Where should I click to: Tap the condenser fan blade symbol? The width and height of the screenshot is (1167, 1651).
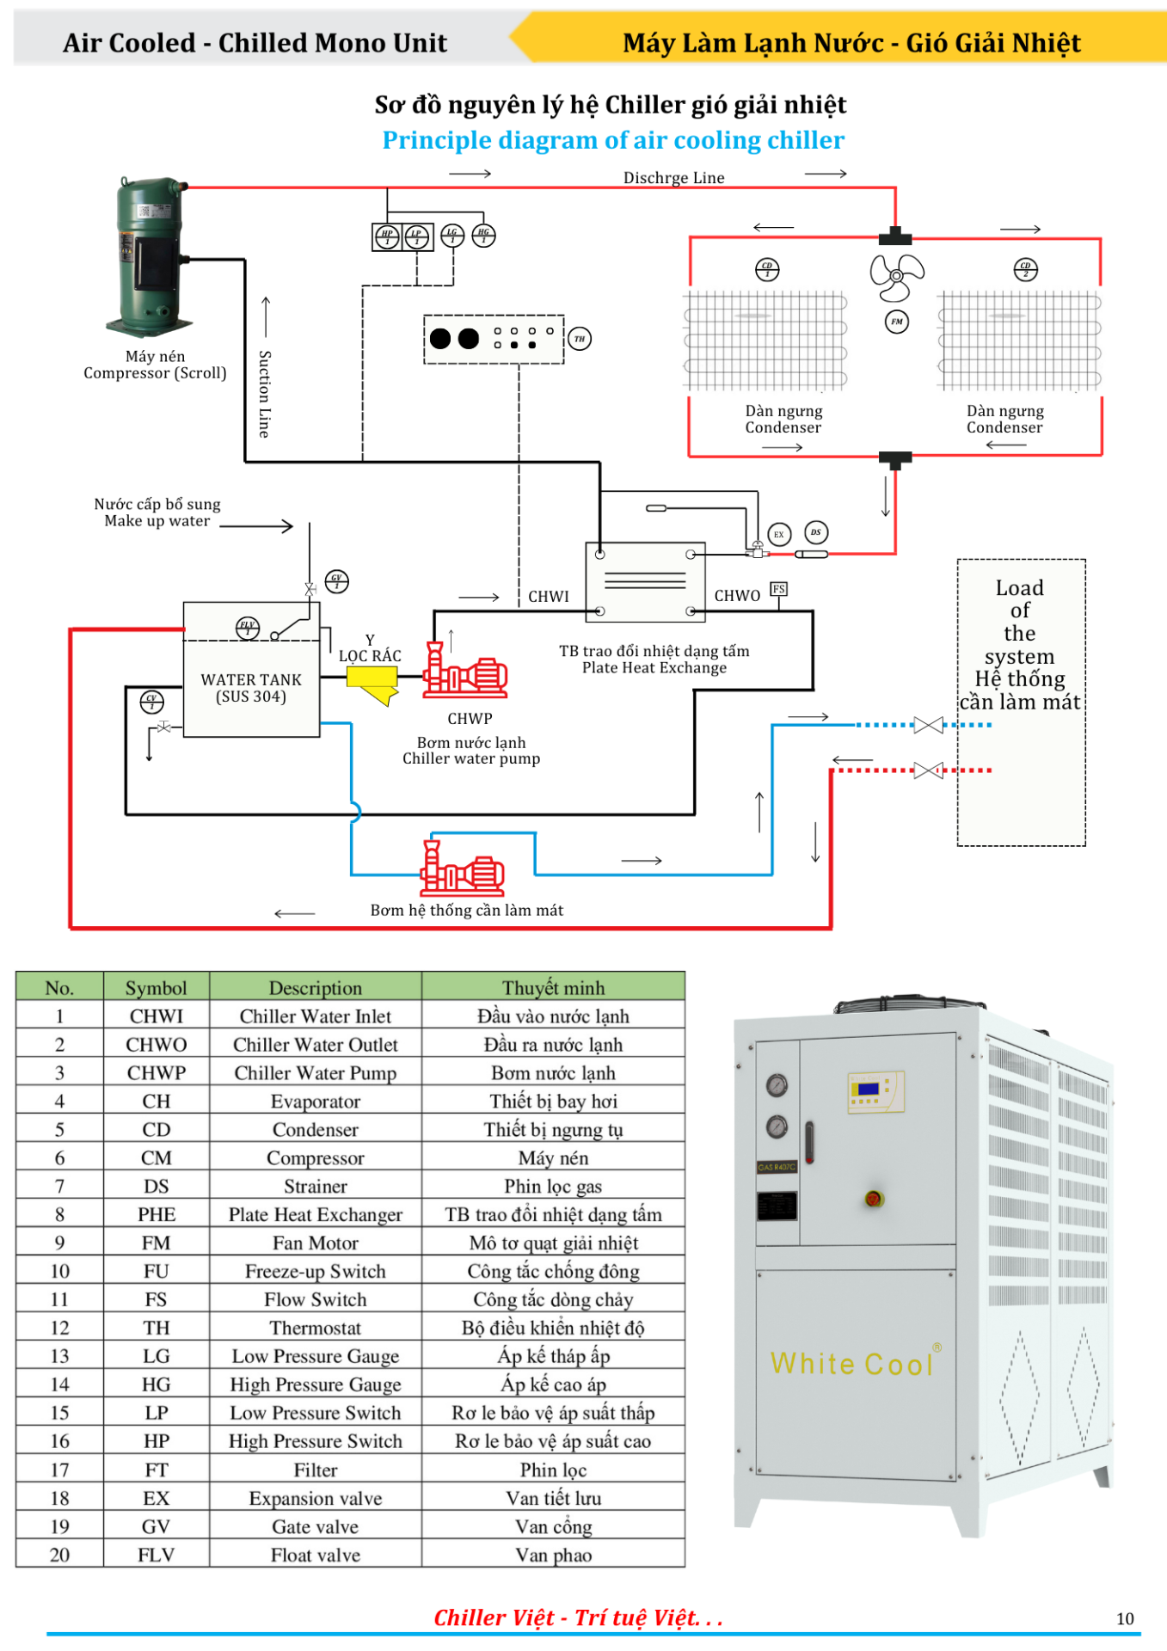pos(896,276)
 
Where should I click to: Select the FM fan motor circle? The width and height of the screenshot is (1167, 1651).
pos(896,322)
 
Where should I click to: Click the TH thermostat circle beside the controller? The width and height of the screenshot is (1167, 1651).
pos(580,339)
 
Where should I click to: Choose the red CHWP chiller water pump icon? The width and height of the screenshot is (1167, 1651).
pos(464,672)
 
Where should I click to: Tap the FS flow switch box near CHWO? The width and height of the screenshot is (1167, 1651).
pos(778,589)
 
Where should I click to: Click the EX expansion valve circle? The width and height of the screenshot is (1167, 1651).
pos(778,534)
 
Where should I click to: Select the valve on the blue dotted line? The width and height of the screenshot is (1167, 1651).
pos(928,725)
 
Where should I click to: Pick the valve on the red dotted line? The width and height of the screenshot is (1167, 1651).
pos(928,770)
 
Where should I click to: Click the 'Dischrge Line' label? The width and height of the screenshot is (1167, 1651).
pos(673,178)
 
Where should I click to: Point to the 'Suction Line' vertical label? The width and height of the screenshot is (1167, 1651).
pos(265,394)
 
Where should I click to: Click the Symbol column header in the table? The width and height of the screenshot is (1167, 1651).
pos(156,987)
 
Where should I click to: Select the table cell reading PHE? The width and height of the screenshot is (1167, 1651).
pos(156,1214)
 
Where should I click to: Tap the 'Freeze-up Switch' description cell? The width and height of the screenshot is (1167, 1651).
pos(315,1271)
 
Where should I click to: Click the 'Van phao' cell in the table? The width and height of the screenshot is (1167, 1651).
pos(553,1555)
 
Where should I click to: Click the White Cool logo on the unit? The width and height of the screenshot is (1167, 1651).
pos(851,1364)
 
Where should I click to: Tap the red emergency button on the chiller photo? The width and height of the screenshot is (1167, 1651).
pos(874,1199)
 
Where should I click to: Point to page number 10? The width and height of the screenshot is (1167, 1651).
pos(1125,1618)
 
